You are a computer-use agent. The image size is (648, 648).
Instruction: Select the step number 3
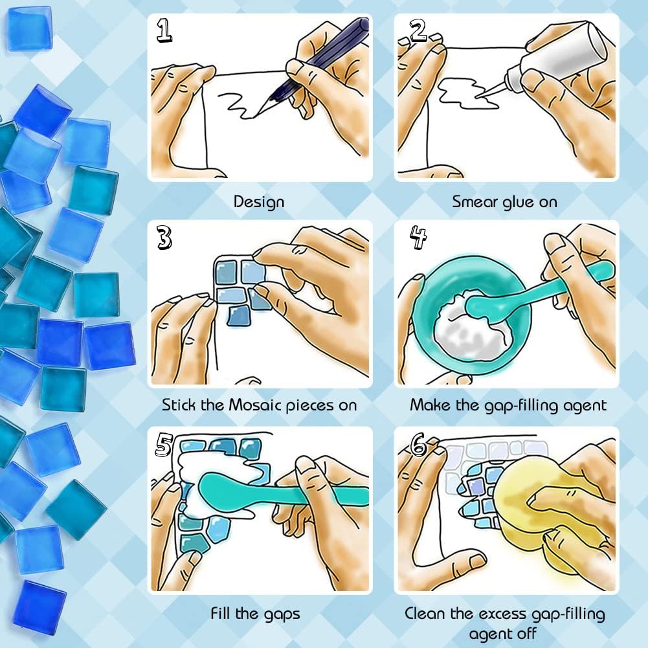(x=164, y=238)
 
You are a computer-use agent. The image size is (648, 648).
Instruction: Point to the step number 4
(x=418, y=238)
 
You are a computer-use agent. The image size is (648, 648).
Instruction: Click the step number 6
(x=418, y=445)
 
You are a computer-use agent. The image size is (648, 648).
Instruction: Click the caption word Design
(x=259, y=202)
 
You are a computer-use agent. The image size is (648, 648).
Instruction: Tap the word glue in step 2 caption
(x=518, y=202)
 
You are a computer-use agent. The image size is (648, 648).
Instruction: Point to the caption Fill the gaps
(x=255, y=612)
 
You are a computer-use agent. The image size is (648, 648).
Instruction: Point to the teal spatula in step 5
(x=259, y=492)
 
